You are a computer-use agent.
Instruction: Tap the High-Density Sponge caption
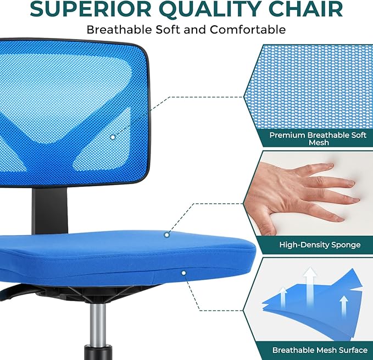point(311,245)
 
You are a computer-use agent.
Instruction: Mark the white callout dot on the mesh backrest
point(113,136)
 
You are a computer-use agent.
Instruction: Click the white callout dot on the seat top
point(167,235)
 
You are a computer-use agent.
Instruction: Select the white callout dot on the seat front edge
point(183,272)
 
